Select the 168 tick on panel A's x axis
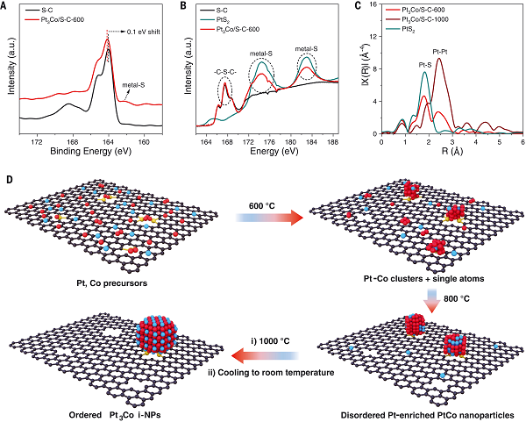(x=73, y=140)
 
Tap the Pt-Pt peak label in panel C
(x=440, y=52)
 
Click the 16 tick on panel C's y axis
(x=384, y=6)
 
